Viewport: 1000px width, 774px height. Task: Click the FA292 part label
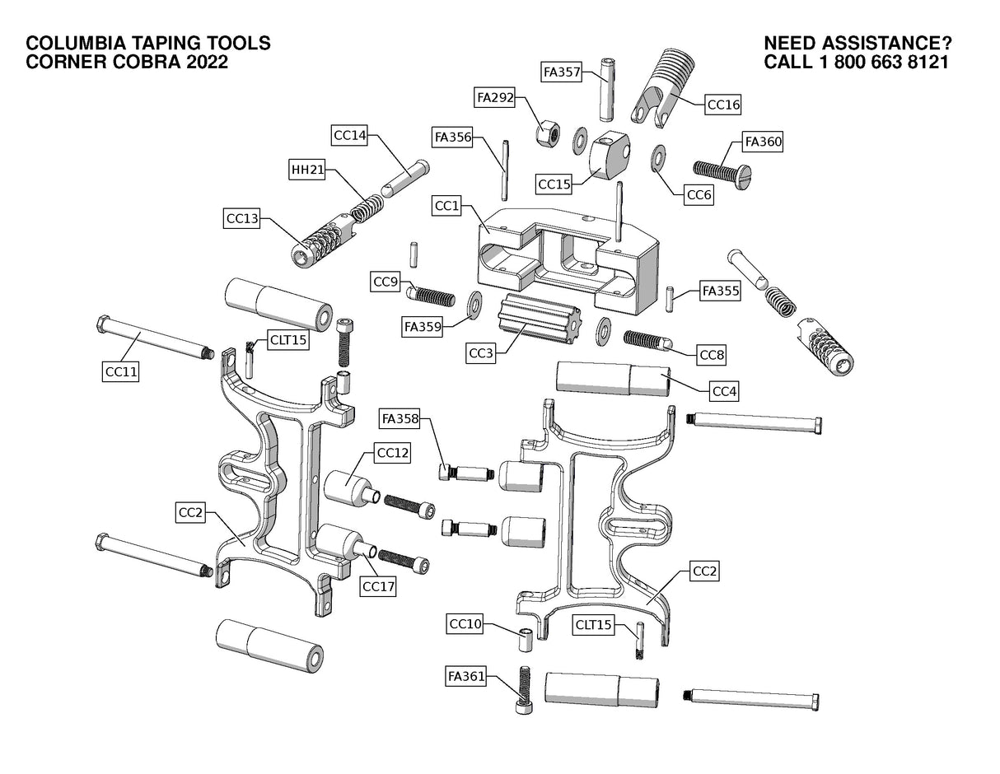[x=495, y=97]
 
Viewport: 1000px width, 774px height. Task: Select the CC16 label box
[x=723, y=105]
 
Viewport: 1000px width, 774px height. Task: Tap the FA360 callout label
[x=762, y=142]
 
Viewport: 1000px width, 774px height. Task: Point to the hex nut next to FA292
[x=548, y=130]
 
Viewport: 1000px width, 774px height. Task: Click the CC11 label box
[x=120, y=372]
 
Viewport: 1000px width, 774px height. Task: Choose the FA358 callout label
[x=400, y=419]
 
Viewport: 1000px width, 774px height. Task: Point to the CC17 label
[x=379, y=586]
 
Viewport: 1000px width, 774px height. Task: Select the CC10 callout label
[x=465, y=623]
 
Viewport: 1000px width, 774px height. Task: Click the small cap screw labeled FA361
[x=521, y=690]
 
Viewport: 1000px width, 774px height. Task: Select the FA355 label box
[x=720, y=291]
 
